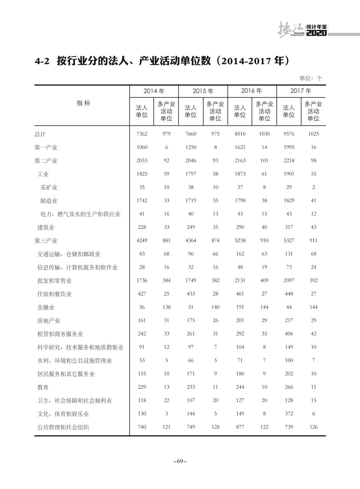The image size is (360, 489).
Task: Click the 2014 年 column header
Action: [154, 91]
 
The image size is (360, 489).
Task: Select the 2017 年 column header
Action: [301, 91]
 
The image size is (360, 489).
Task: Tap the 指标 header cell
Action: [83, 103]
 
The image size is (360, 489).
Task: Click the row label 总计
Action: [40, 134]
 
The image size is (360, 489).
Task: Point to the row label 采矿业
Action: [49, 187]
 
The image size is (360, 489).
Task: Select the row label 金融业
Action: [46, 307]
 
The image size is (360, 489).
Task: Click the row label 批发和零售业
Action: [54, 281]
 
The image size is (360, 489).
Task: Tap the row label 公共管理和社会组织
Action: [63, 427]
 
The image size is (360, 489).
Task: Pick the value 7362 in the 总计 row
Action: [142, 134]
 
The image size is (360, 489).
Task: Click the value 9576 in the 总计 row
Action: [289, 134]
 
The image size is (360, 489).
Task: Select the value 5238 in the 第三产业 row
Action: [240, 240]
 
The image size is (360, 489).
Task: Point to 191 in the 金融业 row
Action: [240, 307]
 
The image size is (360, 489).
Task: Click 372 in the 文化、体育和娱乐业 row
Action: [289, 414]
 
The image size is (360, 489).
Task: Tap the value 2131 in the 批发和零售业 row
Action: [240, 280]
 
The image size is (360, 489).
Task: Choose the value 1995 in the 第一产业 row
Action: [289, 147]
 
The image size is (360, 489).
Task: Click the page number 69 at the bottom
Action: [180, 461]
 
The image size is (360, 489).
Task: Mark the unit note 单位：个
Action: [310, 78]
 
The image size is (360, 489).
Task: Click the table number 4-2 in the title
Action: [42, 61]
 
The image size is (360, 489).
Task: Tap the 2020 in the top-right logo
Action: [316, 33]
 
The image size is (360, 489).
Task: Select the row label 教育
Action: [43, 387]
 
